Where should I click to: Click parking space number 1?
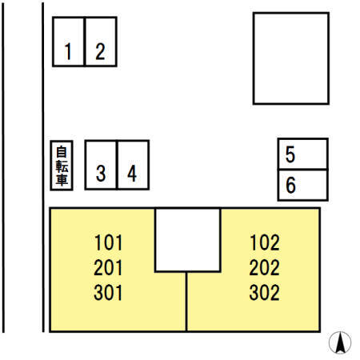[x=69, y=42]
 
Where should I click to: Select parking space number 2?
[x=101, y=42]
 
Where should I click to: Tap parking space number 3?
[x=101, y=165]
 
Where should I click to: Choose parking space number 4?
[x=133, y=165]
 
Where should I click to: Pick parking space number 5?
[x=303, y=154]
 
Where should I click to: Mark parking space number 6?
[x=303, y=185]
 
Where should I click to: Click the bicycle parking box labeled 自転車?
[x=62, y=166]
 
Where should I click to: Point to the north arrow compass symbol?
[x=340, y=342]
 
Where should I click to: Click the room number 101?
[x=108, y=242]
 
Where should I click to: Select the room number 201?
[x=108, y=267]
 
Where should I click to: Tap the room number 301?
[x=108, y=293]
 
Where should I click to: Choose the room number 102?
[x=265, y=242]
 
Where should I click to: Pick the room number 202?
[x=265, y=267]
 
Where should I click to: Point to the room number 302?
[x=265, y=293]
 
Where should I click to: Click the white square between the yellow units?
[x=188, y=240]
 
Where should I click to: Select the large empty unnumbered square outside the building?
[x=291, y=58]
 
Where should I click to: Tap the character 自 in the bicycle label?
[x=62, y=152]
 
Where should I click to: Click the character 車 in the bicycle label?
[x=62, y=179]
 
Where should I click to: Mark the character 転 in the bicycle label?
[x=62, y=166]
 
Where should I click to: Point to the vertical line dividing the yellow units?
[x=186, y=302]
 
